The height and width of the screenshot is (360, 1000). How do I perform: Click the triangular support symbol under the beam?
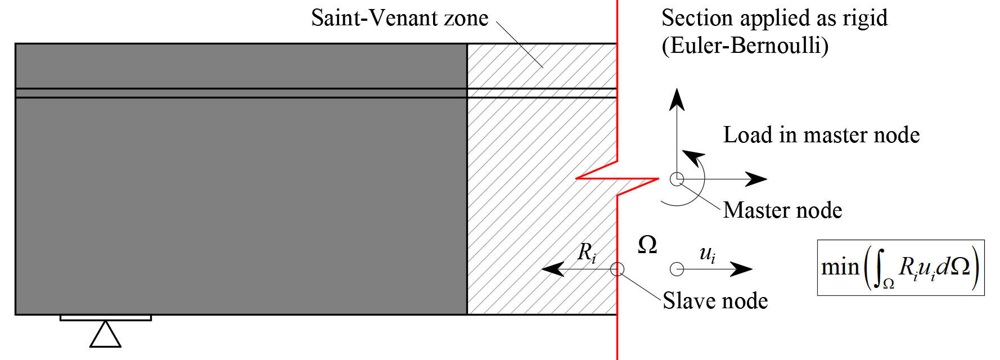(105, 335)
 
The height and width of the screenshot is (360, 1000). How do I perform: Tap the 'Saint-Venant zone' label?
(399, 18)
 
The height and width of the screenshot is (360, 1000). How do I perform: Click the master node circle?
(677, 179)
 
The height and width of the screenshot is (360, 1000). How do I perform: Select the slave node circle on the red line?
(617, 269)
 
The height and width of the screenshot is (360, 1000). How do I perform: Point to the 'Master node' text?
(782, 210)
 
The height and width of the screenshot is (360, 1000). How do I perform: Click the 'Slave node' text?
(715, 301)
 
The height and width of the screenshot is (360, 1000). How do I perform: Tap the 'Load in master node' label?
(821, 135)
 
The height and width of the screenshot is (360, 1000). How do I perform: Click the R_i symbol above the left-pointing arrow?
(587, 252)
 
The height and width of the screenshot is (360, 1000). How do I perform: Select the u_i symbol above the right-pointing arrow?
(707, 254)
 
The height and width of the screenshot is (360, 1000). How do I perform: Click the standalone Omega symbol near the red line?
(647, 245)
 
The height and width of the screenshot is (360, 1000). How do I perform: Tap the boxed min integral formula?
(900, 267)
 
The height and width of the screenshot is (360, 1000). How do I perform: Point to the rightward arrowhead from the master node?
(756, 179)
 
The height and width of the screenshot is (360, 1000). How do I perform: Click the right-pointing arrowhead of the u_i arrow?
(742, 269)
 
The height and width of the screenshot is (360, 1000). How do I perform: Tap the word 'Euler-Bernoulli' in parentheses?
(745, 46)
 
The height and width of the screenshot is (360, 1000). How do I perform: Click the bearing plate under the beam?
(105, 318)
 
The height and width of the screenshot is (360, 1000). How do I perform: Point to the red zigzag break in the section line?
(618, 178)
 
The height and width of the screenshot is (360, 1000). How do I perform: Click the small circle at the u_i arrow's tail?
(677, 269)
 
